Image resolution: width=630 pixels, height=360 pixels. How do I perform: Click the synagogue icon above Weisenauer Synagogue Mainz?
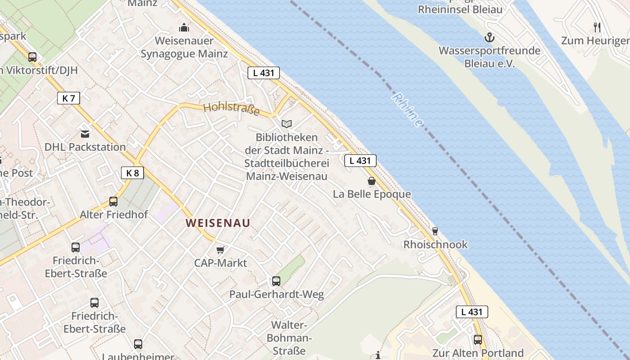coord(184,28)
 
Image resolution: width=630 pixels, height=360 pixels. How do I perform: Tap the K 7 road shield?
coord(68,98)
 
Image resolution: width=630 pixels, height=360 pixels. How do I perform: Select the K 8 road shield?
coord(132,172)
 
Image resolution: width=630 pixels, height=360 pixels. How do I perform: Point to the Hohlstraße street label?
coord(231,108)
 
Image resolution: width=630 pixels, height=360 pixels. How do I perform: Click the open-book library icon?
coord(287,124)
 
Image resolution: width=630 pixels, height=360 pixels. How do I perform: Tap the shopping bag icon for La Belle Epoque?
coord(372,181)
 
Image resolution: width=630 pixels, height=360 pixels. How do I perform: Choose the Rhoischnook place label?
coord(435,244)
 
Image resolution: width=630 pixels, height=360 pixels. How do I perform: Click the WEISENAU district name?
coord(218,223)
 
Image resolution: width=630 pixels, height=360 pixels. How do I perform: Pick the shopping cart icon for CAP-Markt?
coord(220,250)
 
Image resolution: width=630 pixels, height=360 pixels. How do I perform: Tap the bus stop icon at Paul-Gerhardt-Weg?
coord(276,281)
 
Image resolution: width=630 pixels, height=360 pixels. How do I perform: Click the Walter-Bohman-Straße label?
coord(288,337)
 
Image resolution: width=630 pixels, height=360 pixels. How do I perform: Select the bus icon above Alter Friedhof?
coord(113,202)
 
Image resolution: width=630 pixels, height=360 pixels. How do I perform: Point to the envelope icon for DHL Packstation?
coord(85,134)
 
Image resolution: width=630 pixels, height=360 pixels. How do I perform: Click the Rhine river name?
coord(408,110)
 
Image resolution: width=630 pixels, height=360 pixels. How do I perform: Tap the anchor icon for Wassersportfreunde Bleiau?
coord(489,37)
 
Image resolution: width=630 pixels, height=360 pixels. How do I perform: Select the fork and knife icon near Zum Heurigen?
coord(597,27)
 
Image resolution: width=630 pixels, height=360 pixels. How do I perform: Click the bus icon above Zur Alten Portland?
coord(477,340)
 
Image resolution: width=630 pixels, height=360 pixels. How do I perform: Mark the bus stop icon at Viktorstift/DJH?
coord(32,57)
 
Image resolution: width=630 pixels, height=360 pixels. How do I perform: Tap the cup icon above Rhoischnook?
coord(435,231)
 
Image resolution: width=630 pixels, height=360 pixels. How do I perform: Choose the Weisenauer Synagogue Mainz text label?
coord(184,47)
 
